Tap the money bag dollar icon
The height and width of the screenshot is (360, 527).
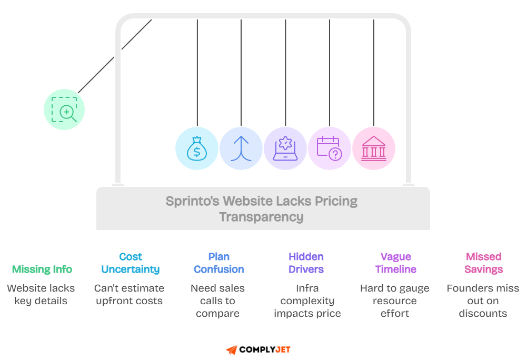[196, 148]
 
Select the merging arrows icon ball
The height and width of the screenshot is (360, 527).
[241, 148]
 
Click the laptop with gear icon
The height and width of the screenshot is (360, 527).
[285, 148]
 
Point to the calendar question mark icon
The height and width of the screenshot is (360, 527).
[330, 148]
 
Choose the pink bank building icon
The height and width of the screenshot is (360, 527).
[374, 148]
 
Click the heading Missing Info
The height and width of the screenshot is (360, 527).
[42, 269]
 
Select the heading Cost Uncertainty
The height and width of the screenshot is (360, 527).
[131, 263]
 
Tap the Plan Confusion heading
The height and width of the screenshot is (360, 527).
[218, 263]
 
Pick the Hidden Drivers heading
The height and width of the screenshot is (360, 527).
[306, 263]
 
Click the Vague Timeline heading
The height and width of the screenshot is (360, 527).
[395, 263]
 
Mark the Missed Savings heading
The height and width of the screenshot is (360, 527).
[483, 263]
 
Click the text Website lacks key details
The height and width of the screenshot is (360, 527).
[41, 295]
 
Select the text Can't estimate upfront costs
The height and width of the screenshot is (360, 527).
[130, 295]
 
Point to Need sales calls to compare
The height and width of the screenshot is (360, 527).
[217, 301]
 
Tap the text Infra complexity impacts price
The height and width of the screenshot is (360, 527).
[307, 301]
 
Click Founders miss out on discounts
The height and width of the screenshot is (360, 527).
[483, 301]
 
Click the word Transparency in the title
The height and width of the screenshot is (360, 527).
[261, 217]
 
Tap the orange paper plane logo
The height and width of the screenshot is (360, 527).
[232, 349]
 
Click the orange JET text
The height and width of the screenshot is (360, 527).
[283, 349]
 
